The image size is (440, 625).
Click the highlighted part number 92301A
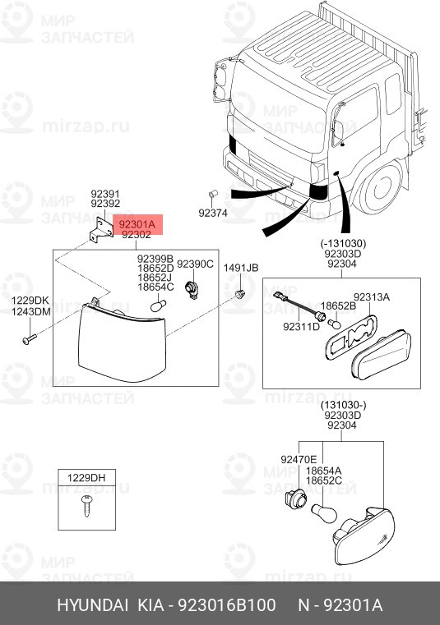[x=137, y=223]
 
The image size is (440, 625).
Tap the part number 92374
[x=213, y=213]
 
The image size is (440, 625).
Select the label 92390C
[x=195, y=264]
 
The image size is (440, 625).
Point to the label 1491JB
[x=241, y=268]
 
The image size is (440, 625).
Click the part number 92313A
[x=372, y=297]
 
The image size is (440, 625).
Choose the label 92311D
[x=302, y=327]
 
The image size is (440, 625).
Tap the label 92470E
[x=299, y=460]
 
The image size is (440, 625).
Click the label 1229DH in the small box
[x=86, y=477]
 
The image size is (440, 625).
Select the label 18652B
[x=339, y=306]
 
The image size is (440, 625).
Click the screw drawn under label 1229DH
[x=86, y=505]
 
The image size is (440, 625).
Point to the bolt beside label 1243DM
[x=30, y=339]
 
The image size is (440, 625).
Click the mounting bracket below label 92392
[x=101, y=229]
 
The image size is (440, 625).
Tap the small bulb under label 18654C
[x=158, y=306]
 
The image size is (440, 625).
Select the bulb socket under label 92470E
[x=296, y=499]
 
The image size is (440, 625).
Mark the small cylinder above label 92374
[x=213, y=195]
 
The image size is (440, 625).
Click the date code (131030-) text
[x=343, y=406]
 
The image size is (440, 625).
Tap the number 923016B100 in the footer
[x=226, y=605]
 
